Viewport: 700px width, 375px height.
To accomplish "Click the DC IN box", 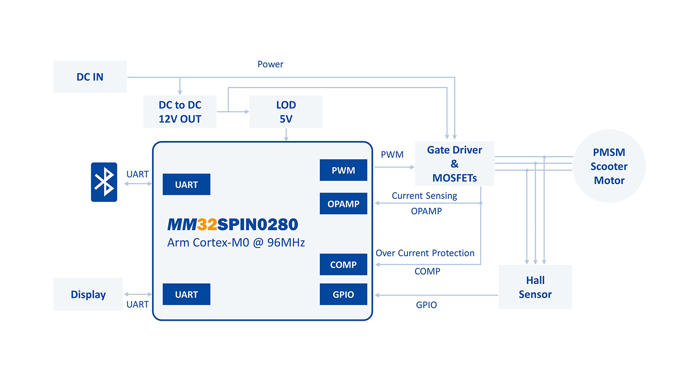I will click(x=90, y=77).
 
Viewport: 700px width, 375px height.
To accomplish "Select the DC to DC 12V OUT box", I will click(x=180, y=111).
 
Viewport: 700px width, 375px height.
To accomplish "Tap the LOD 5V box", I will click(x=286, y=111).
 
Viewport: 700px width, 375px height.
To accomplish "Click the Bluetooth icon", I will click(x=104, y=182).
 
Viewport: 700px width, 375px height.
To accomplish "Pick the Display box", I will click(x=88, y=294).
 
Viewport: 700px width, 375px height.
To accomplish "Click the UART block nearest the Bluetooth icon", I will click(x=186, y=184).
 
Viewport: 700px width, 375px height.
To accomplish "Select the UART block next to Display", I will click(x=186, y=294).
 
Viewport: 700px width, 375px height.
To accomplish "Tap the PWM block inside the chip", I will click(x=343, y=170).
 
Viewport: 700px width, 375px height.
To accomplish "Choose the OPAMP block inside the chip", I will click(x=343, y=204).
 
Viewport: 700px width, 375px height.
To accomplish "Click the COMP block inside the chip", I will click(x=343, y=264).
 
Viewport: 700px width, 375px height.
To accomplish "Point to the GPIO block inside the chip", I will click(x=343, y=294).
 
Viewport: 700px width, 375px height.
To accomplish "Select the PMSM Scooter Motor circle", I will click(x=609, y=166).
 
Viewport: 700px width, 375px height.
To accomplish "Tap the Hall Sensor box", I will click(x=535, y=287).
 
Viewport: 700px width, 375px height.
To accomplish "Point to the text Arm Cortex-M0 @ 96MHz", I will click(x=236, y=243).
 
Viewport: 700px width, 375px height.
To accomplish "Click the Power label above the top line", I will click(x=270, y=64).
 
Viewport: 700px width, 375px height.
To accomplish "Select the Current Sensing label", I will click(x=424, y=196).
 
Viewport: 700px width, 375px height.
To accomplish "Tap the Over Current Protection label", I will click(x=425, y=253).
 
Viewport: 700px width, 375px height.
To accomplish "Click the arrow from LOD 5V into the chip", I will click(x=286, y=134).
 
